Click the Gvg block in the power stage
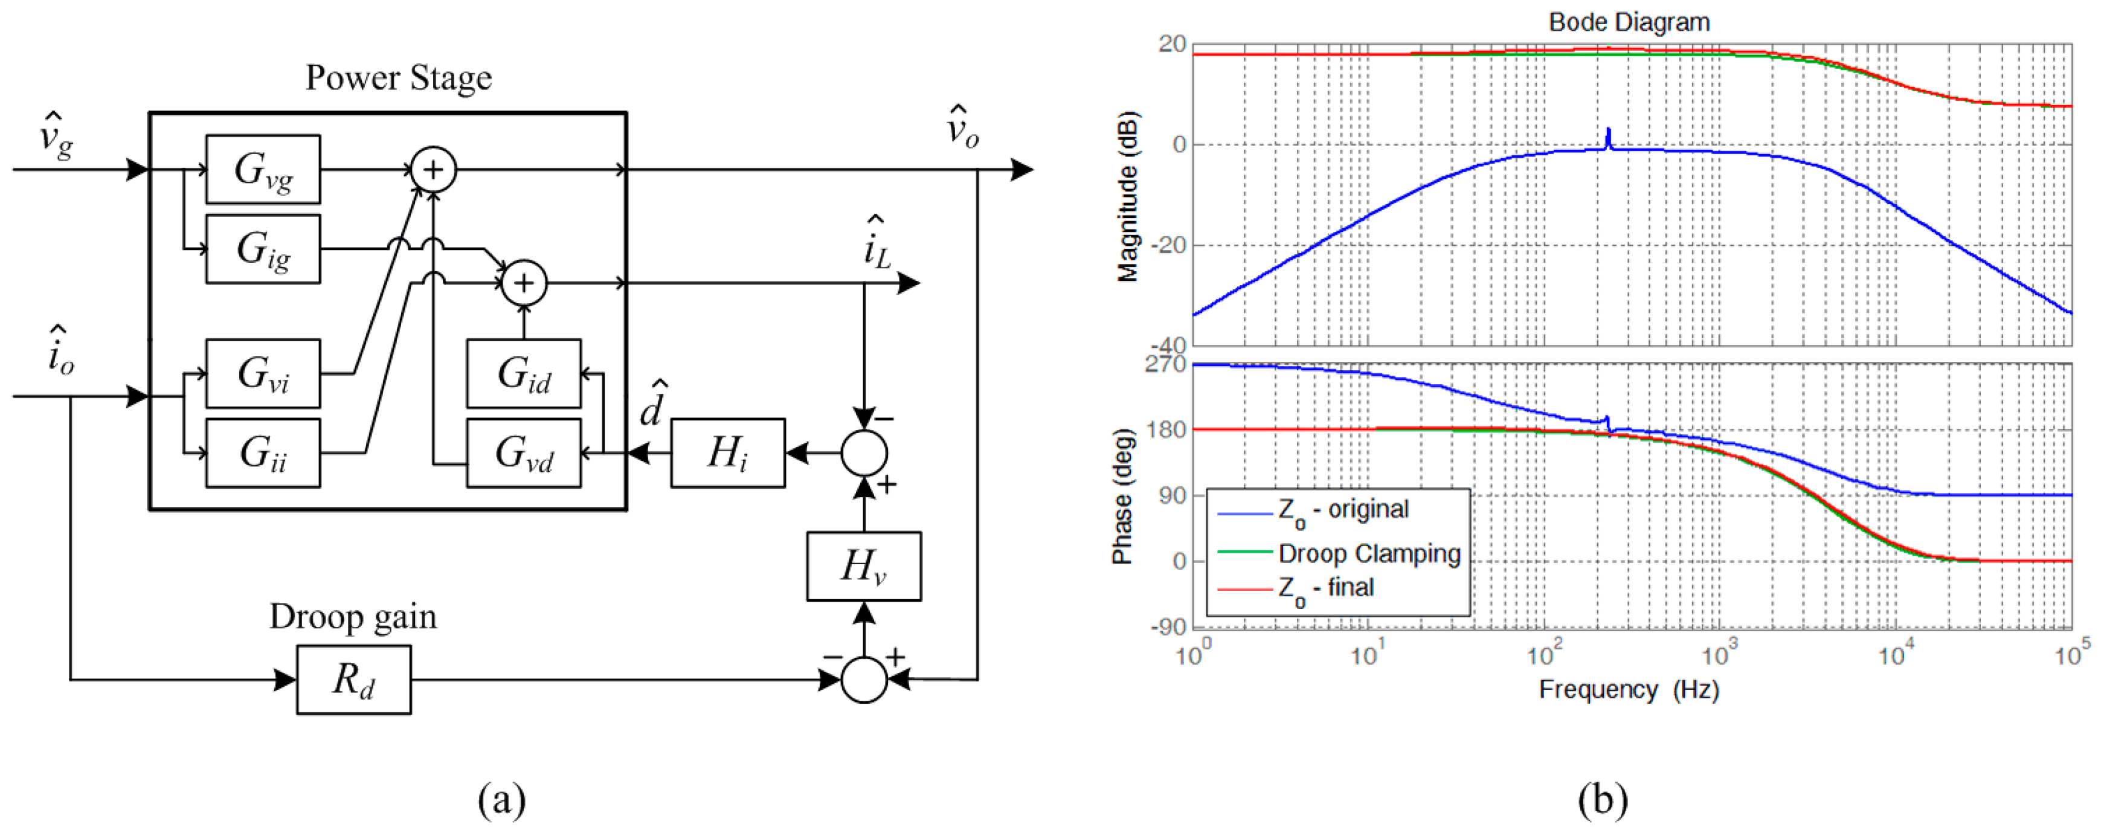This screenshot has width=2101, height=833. [263, 170]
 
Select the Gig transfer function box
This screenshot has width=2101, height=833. [263, 249]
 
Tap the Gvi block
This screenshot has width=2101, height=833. [263, 374]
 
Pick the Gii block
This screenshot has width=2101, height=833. [263, 453]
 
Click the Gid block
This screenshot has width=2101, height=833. [524, 374]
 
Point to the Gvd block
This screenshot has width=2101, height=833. [524, 453]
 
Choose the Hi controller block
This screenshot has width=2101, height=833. [727, 453]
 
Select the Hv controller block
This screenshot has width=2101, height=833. [864, 566]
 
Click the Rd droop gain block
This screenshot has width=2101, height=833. [353, 680]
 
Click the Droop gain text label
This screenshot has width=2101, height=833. [353, 617]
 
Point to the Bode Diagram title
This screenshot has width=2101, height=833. [1629, 22]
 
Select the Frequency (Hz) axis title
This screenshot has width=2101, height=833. [1629, 690]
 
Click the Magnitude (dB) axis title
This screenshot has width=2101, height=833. [1128, 196]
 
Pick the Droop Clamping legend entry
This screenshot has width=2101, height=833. [1369, 554]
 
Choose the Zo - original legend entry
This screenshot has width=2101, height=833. [1342, 510]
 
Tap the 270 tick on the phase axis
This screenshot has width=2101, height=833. [1165, 364]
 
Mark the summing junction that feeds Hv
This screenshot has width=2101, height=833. [864, 680]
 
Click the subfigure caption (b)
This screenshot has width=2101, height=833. [1603, 800]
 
